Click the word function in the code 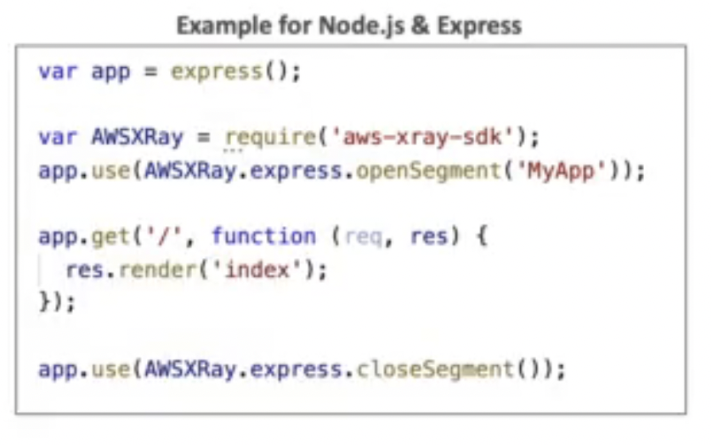[x=263, y=236]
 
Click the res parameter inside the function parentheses [x=428, y=236]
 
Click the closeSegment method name [x=435, y=370]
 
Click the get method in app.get [x=107, y=236]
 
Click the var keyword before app [x=56, y=70]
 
